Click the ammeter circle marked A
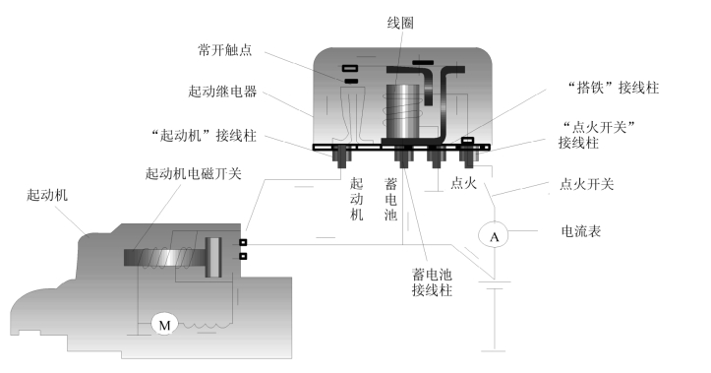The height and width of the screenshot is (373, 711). [x=495, y=235]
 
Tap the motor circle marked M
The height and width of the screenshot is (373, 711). [x=164, y=325]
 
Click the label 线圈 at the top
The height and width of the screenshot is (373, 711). [x=400, y=24]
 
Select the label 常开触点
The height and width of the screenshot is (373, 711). [x=224, y=49]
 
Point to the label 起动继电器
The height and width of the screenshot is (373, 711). [x=222, y=92]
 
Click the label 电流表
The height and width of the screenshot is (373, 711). [x=581, y=231]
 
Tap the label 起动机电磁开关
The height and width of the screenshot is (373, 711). [x=193, y=173]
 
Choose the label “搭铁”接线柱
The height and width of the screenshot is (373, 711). [x=614, y=88]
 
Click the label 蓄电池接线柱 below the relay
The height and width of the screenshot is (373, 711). [x=432, y=282]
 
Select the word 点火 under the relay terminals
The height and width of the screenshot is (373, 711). [x=463, y=183]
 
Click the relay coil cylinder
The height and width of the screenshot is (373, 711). [x=402, y=111]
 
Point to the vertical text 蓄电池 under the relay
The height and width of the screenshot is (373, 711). [x=390, y=200]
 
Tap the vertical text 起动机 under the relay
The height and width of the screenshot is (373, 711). [x=356, y=200]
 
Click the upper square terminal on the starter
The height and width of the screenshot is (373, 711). [x=243, y=242]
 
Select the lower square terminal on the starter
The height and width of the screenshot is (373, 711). [x=243, y=257]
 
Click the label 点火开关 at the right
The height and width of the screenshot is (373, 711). [x=587, y=184]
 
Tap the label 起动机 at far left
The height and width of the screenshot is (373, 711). [x=47, y=195]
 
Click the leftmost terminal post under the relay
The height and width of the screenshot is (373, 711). [x=341, y=156]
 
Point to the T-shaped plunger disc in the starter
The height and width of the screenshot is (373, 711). [x=212, y=257]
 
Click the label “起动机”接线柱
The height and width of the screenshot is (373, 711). [x=204, y=135]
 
